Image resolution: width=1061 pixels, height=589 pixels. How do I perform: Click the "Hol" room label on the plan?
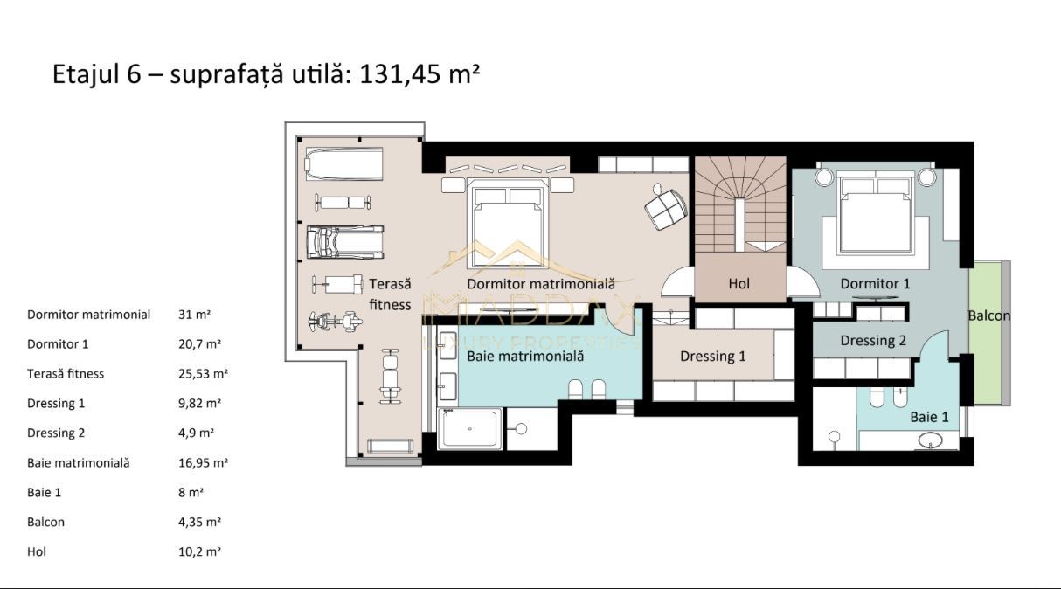739,283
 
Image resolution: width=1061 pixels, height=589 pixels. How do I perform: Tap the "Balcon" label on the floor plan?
988,315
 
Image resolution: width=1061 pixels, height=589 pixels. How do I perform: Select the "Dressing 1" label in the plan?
713,356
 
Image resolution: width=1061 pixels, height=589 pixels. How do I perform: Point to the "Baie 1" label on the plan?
929,417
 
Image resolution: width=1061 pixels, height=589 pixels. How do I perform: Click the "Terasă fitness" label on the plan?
390,294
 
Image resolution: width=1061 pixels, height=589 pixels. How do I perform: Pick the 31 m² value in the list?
194,315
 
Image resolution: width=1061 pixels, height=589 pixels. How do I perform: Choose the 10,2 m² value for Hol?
199,552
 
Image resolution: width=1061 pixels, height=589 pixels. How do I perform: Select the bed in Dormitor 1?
875,212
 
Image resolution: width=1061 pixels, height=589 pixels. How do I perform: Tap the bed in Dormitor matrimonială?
507,218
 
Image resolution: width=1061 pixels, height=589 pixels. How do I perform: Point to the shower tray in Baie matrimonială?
469,429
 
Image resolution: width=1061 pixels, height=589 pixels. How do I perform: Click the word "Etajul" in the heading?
85,73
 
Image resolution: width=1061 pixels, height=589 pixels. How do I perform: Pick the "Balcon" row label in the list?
45,523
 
